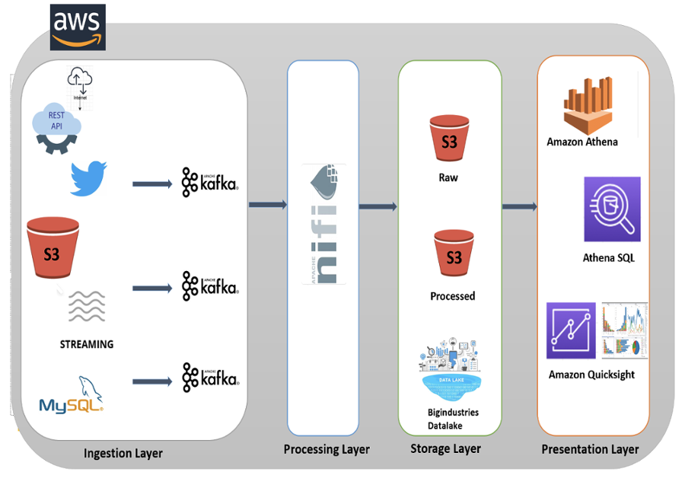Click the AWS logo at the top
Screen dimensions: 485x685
click(78, 27)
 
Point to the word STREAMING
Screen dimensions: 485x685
click(87, 344)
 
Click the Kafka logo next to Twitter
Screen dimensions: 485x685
click(209, 183)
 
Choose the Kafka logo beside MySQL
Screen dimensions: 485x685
click(209, 378)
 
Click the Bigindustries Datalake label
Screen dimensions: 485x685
click(453, 419)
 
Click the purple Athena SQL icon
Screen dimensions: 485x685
click(612, 209)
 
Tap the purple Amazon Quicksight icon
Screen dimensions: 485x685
click(571, 330)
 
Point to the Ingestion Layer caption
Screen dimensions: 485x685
click(123, 453)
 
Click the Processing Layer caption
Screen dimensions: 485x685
click(327, 449)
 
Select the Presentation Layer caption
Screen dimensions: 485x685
click(590, 449)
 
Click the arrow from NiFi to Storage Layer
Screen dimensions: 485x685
click(378, 206)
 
